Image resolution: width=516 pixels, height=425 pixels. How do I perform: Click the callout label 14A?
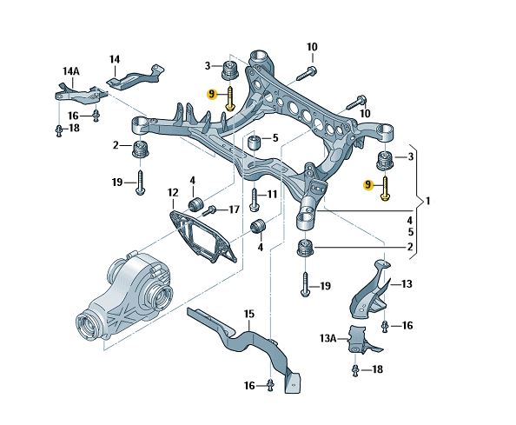[71, 71]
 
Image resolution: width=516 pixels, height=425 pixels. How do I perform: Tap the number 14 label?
[115, 60]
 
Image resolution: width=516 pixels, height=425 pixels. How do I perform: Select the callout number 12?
[173, 192]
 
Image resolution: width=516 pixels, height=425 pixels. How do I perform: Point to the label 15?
[249, 314]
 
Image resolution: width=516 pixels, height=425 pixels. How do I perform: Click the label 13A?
[327, 338]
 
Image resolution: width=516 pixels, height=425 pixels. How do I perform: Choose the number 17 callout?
[234, 209]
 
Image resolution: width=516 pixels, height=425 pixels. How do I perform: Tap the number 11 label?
[272, 194]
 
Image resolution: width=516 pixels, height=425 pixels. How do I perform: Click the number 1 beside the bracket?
[427, 201]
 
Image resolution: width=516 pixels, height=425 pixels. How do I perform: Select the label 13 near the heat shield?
[407, 284]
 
